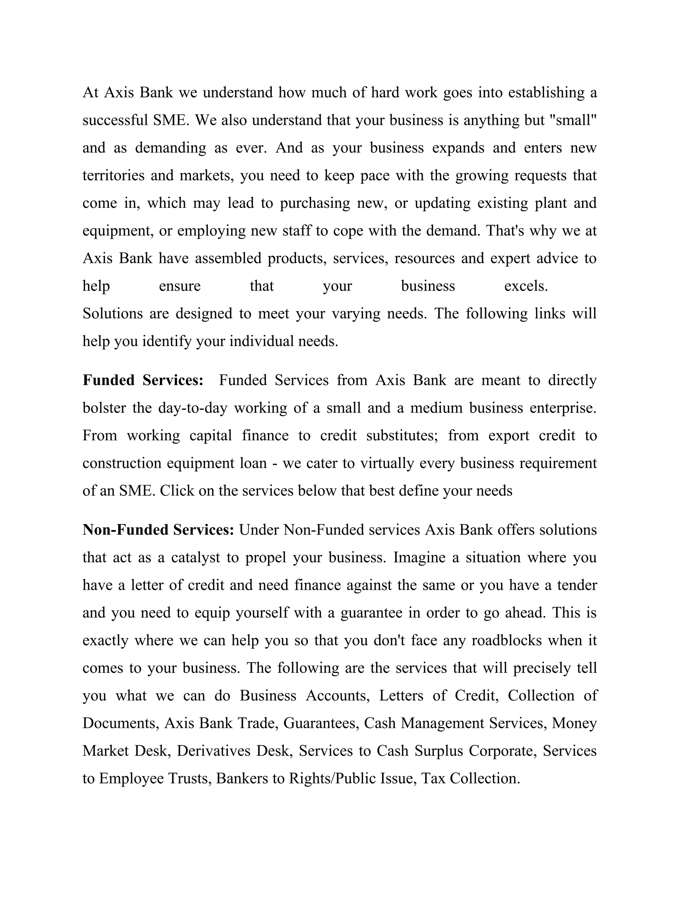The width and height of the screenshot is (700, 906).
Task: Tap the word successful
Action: tap(115, 120)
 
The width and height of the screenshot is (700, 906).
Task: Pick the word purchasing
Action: tap(315, 203)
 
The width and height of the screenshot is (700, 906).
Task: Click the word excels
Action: tap(526, 286)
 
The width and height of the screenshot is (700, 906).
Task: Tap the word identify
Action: tap(167, 342)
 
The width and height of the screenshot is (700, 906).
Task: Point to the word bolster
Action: tap(104, 408)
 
